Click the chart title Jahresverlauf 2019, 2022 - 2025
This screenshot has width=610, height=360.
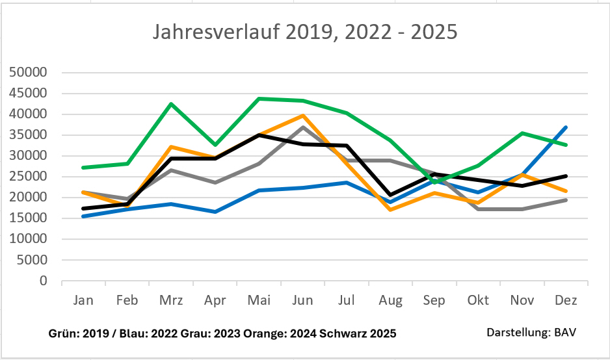(305, 32)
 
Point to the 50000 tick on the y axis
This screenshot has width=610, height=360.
(30, 72)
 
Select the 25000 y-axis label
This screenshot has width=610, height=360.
(30, 177)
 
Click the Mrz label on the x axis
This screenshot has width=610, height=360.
(170, 301)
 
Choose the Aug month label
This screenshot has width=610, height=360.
(390, 301)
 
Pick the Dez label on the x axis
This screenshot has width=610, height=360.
(566, 301)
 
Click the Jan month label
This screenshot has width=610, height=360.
(83, 301)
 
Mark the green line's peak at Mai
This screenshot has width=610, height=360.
(259, 99)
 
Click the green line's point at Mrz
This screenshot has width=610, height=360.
(171, 104)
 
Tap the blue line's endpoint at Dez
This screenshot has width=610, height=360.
(566, 127)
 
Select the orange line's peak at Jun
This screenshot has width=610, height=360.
(303, 116)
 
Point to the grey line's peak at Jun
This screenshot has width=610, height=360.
(303, 127)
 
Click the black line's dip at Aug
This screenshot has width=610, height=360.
(390, 195)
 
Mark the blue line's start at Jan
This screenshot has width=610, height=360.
(83, 216)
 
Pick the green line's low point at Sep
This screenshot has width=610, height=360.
(434, 183)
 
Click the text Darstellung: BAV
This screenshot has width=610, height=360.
(531, 333)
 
